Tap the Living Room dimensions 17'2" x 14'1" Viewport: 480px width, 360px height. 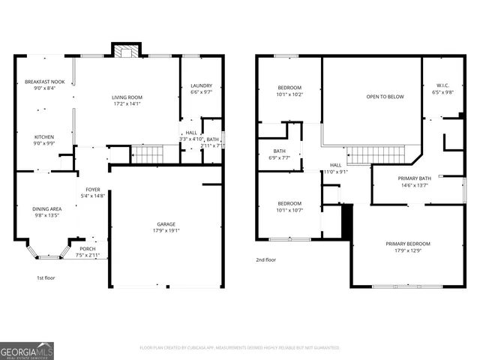[127, 103]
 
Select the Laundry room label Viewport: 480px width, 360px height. [201, 85]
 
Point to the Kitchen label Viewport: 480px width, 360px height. [43, 136]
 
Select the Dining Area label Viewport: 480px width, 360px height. [46, 208]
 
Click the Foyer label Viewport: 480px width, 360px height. [93, 189]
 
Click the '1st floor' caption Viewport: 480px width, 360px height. [46, 277]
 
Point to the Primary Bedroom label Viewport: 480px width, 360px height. [408, 244]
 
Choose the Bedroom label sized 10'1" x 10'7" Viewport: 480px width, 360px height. [289, 203]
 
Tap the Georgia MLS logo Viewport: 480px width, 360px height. [26, 350]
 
